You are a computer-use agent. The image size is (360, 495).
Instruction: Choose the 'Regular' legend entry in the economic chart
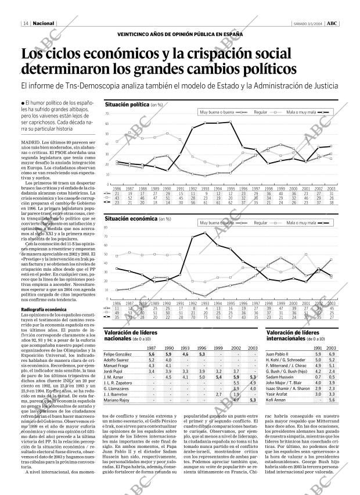tap(261, 223)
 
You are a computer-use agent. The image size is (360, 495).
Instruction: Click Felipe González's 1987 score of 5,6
tap(152, 354)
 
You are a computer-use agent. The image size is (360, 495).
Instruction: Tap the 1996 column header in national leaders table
tap(202, 347)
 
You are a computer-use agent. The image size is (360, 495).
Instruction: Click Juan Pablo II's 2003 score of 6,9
tap(331, 354)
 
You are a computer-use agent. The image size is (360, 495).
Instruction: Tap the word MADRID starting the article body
tap(30, 141)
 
